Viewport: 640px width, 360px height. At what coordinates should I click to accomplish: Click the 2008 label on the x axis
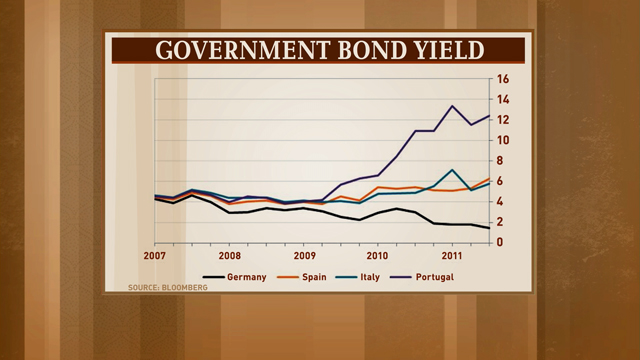click(x=230, y=256)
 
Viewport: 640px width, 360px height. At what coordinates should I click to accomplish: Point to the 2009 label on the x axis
click(x=304, y=256)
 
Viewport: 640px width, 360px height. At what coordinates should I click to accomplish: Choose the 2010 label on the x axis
click(x=378, y=256)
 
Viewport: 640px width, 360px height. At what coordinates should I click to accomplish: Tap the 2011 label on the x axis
click(x=452, y=256)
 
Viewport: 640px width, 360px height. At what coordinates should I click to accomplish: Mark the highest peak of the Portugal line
click(x=453, y=106)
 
